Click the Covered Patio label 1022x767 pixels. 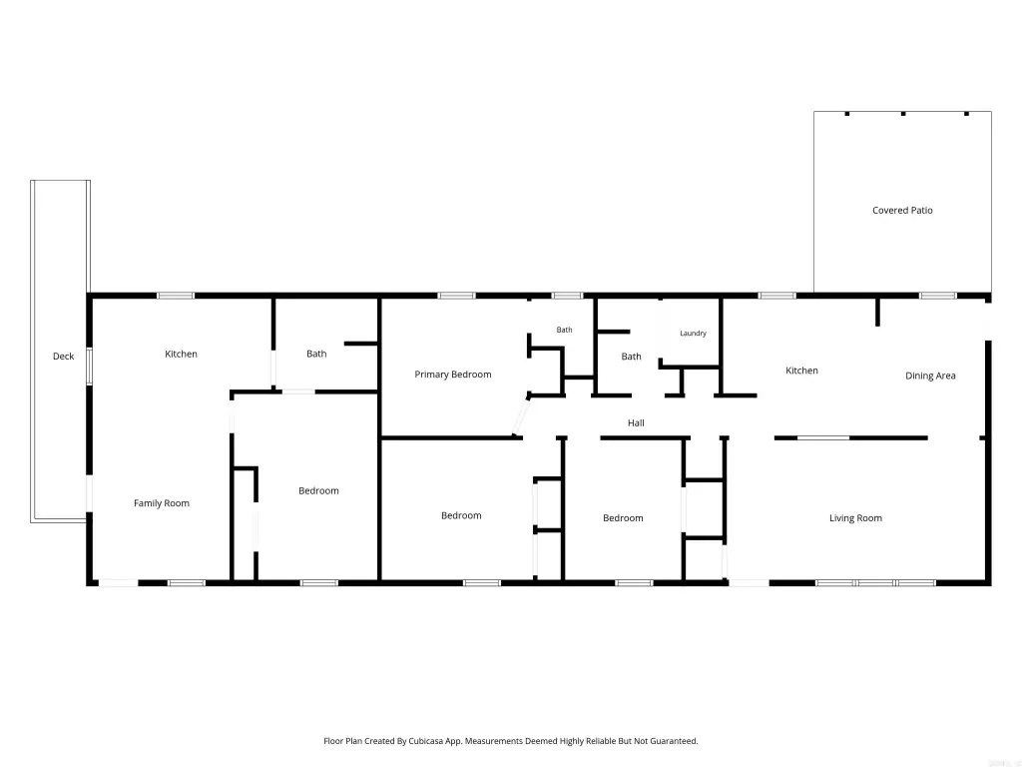902,210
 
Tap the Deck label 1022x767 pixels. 63,357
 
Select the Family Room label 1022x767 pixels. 161,503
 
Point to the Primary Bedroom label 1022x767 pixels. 453,375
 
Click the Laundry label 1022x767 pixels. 693,333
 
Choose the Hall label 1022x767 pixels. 636,422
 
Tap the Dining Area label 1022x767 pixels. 930,376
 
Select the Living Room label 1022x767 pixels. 855,518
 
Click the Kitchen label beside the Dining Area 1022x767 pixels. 801,371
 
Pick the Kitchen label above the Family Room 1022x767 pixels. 181,354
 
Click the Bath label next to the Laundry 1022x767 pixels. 631,357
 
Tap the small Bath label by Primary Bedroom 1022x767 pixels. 565,330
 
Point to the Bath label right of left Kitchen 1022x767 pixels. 316,354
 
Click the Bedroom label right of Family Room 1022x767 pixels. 318,490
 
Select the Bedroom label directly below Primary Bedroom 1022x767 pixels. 461,515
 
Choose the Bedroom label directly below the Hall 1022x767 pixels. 623,518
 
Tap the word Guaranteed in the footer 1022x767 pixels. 676,741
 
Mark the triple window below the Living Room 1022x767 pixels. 875,582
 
